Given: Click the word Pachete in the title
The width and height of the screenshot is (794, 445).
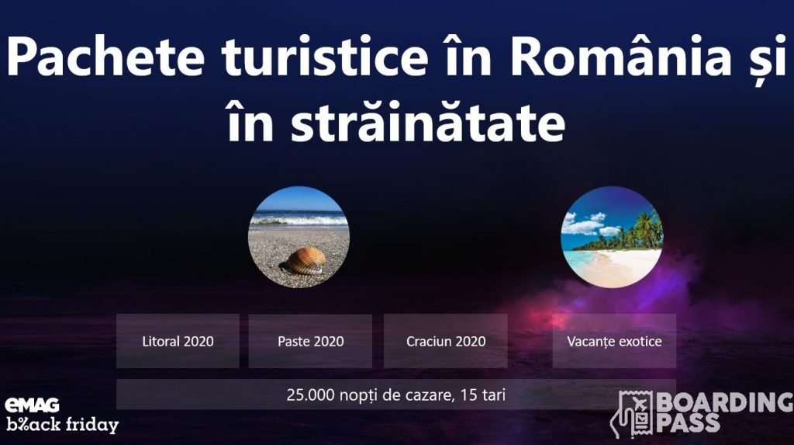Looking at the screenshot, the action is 105,56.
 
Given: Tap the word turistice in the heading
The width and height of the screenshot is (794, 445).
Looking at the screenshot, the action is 325,56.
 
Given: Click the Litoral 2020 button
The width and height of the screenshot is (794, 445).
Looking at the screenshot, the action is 178,341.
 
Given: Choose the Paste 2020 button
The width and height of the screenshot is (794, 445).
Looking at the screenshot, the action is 310,341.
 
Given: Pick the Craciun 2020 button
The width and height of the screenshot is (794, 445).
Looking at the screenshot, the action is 446,341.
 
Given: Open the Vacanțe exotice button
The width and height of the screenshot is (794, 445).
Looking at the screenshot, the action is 614,341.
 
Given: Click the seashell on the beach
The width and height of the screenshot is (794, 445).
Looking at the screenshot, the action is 304,261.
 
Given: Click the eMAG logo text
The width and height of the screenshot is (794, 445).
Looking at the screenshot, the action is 32,405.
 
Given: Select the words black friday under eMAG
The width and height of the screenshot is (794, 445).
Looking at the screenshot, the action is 62,424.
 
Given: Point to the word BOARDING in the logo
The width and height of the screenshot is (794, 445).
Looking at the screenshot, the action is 725,402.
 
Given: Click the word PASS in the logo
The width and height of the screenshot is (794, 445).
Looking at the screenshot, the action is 689,422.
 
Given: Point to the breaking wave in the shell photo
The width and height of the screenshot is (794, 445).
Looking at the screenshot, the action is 299,220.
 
